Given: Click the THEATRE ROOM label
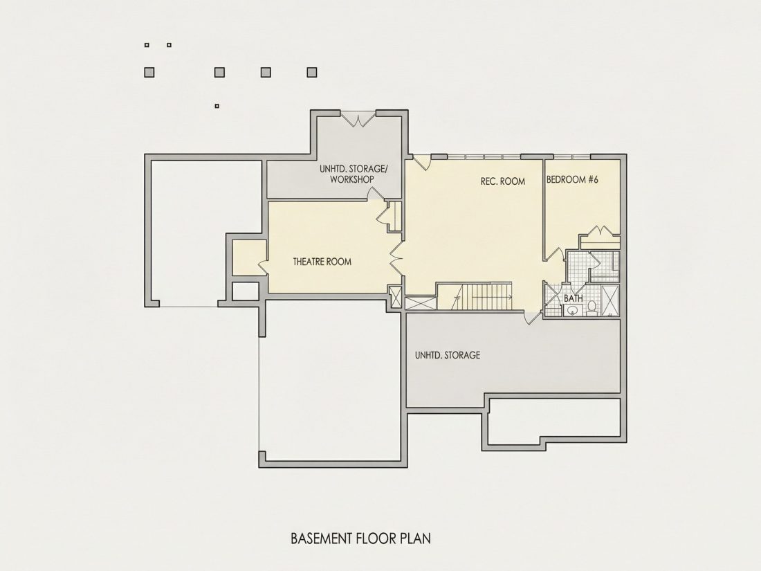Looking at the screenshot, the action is (322, 262).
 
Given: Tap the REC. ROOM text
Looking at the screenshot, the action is (503, 181).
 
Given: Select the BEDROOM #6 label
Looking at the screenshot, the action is (572, 179).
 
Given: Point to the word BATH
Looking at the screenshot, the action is (574, 298).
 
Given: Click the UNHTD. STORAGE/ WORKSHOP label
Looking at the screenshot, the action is (354, 174).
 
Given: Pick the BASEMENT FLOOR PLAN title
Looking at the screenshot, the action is (360, 538).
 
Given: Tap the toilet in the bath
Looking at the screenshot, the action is (592, 308).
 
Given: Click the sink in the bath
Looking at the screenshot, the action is (573, 310).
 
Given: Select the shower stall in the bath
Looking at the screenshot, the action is (610, 300).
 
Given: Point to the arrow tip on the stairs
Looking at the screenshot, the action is (511, 296).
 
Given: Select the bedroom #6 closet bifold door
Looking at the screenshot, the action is (600, 230).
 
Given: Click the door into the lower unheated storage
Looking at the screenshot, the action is (533, 317).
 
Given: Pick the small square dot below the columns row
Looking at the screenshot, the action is (217, 106).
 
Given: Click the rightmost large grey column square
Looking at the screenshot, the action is (311, 73).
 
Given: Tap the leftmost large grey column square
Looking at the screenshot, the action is (149, 73).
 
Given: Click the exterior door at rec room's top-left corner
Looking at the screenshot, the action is (421, 162).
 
